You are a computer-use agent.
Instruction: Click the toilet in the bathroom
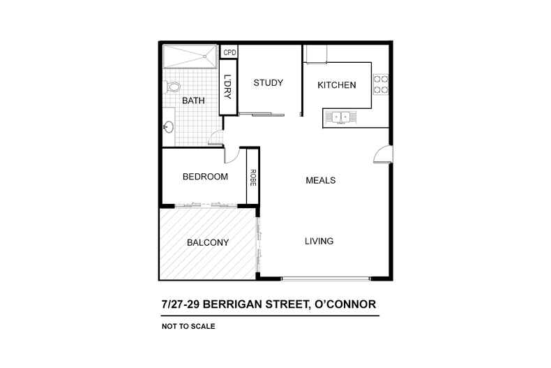[x=172, y=87]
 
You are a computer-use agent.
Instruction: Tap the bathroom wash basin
[x=169, y=128]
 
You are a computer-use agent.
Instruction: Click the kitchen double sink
[x=340, y=117]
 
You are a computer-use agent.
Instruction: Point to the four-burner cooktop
[x=380, y=84]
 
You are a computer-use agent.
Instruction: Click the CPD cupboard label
[x=229, y=52]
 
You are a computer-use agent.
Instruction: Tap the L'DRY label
[x=228, y=88]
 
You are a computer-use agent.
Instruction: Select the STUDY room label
[x=268, y=83]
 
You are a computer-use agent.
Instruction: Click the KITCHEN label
[x=337, y=85]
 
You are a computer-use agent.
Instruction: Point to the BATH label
[x=193, y=101]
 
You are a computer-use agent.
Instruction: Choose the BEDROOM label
[x=205, y=177]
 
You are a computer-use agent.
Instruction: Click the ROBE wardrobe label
[x=253, y=177]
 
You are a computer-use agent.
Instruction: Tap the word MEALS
[x=321, y=180]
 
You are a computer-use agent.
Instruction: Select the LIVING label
[x=319, y=242]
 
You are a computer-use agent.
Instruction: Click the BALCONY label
[x=208, y=243]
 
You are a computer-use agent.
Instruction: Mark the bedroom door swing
[x=232, y=154]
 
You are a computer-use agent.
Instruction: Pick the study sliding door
[x=262, y=114]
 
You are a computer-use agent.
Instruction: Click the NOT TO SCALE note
[x=188, y=326]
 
